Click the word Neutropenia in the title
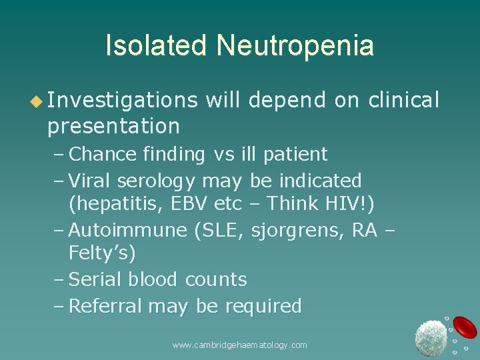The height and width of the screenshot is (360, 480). click(295, 45)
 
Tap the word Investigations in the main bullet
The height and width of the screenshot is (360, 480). click(123, 100)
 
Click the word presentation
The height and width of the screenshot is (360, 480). click(113, 125)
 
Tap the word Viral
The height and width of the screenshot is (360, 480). click(91, 181)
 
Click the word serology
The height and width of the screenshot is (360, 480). click(157, 181)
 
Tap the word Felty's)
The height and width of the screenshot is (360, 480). click(101, 253)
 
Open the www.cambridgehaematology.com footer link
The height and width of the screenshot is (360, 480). click(240, 345)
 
